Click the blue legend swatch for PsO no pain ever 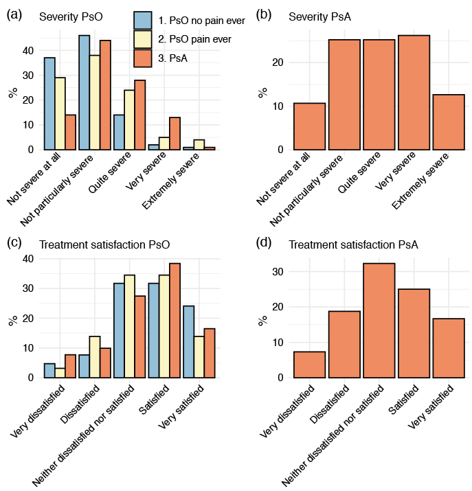coord(143,21)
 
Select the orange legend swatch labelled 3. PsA coord(143,58)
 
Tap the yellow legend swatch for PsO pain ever coord(143,39)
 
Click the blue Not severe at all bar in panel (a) coord(49,103)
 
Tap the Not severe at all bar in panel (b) coord(309,126)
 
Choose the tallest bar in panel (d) coord(379,320)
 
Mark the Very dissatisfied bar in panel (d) coord(309,364)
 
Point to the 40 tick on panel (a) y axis coord(27,50)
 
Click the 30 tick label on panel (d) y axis coord(278,272)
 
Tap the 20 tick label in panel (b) coord(278,62)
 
